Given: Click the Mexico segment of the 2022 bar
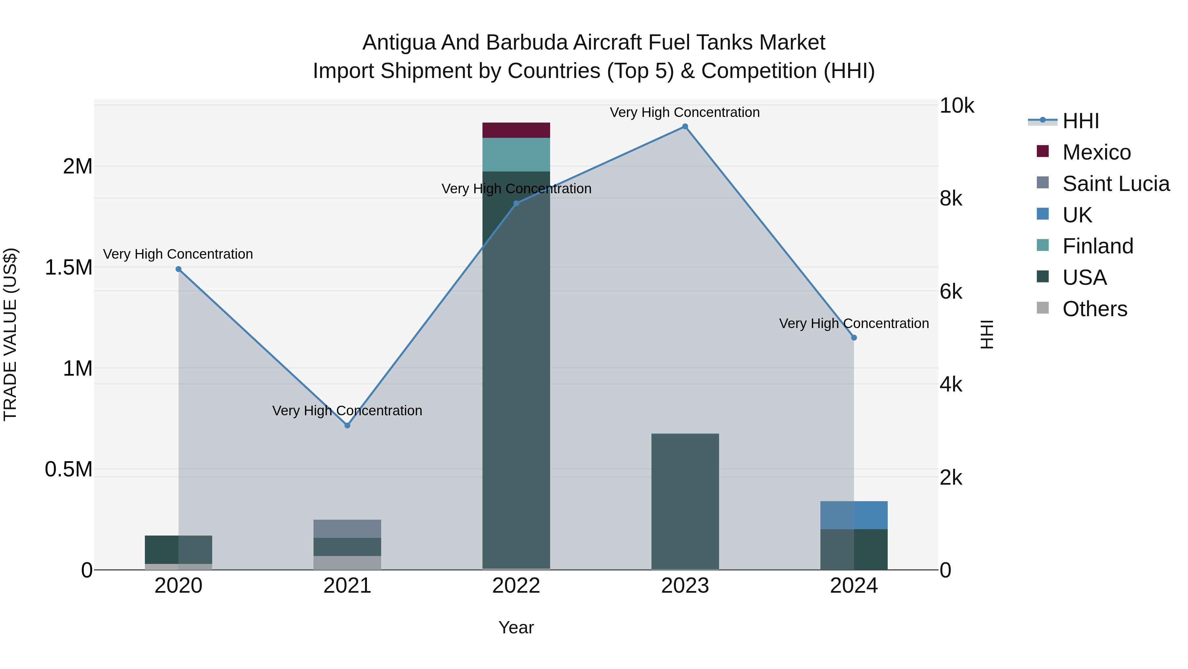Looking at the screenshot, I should coord(516,130).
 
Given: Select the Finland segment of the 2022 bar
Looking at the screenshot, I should coord(516,155).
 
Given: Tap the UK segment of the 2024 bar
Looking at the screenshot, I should coord(854,515).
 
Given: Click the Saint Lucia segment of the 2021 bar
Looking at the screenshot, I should coord(347,529).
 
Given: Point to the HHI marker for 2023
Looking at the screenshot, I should coord(685,127).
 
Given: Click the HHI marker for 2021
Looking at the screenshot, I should coord(347,425).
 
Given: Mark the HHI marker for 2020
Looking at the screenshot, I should coord(179,269).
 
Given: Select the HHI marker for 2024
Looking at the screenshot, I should coord(854,338).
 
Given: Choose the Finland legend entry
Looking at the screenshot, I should coord(1098,246).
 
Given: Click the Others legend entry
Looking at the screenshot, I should coord(1094,309).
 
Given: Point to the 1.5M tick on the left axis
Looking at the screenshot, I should coord(69,267).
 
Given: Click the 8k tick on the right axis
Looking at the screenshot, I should coord(951,199).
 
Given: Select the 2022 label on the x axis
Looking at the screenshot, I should coord(516,586).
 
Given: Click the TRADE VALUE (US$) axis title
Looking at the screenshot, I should coord(10,334).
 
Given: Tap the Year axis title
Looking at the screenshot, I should coord(516,627).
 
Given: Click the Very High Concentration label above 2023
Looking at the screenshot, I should coord(684,112).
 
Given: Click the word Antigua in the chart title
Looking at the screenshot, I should coord(398,43).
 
